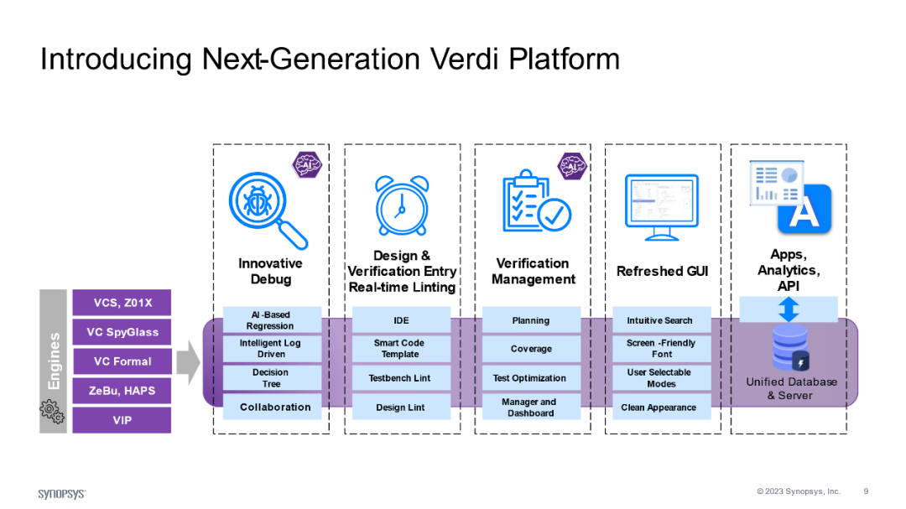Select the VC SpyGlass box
[x=122, y=332]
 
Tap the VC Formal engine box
[x=122, y=361]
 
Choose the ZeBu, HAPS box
[x=122, y=391]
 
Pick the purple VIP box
[x=122, y=420]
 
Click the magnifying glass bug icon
[x=267, y=207]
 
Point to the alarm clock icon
[x=401, y=202]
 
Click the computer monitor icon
[x=661, y=206]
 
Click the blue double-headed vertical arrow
[x=789, y=309]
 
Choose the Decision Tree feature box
[x=271, y=378]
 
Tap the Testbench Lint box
[x=400, y=378]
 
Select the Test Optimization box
[x=530, y=378]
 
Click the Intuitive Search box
[x=660, y=320]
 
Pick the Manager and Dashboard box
[x=530, y=408]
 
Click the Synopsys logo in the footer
[x=62, y=493]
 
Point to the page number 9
[x=866, y=491]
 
